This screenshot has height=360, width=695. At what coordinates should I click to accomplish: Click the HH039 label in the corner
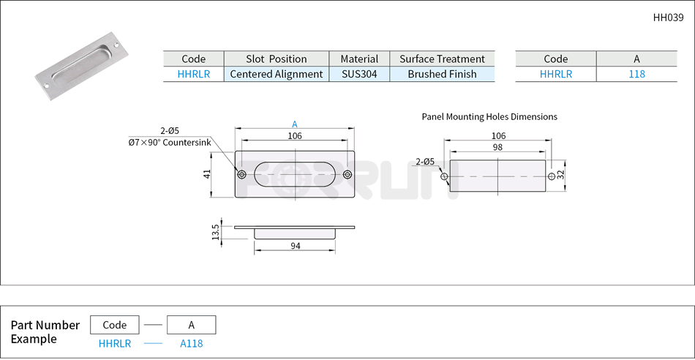tap(668, 18)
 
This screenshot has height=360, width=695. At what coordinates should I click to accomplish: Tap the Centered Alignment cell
tap(277, 74)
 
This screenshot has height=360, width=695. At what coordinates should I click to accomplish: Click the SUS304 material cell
tap(359, 74)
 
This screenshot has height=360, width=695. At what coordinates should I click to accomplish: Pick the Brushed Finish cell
tap(442, 74)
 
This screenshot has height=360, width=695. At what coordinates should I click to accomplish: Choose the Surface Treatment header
tap(442, 59)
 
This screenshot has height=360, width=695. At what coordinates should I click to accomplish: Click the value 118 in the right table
tap(636, 74)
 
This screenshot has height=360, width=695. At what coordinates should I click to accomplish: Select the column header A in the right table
tap(636, 59)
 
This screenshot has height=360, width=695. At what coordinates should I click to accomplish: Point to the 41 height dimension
tap(207, 174)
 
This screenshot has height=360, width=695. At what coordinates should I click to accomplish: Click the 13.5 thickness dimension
tap(215, 233)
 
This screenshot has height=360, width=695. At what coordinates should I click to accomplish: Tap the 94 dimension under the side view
tap(295, 247)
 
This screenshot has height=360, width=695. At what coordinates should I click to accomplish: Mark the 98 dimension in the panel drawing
tap(497, 147)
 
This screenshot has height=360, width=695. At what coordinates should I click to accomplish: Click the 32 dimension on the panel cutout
tap(560, 176)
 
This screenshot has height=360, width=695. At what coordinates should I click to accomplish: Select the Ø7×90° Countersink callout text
tap(169, 143)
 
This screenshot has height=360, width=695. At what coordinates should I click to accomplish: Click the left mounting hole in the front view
tap(241, 174)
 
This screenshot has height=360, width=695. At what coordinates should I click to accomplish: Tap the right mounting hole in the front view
tap(347, 174)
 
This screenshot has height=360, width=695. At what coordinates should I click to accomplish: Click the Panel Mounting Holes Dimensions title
tap(489, 116)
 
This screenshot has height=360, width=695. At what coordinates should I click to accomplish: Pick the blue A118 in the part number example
tap(191, 343)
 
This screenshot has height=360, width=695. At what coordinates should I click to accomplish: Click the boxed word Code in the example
tap(115, 325)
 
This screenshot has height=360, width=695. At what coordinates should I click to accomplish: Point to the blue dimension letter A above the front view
tap(295, 124)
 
